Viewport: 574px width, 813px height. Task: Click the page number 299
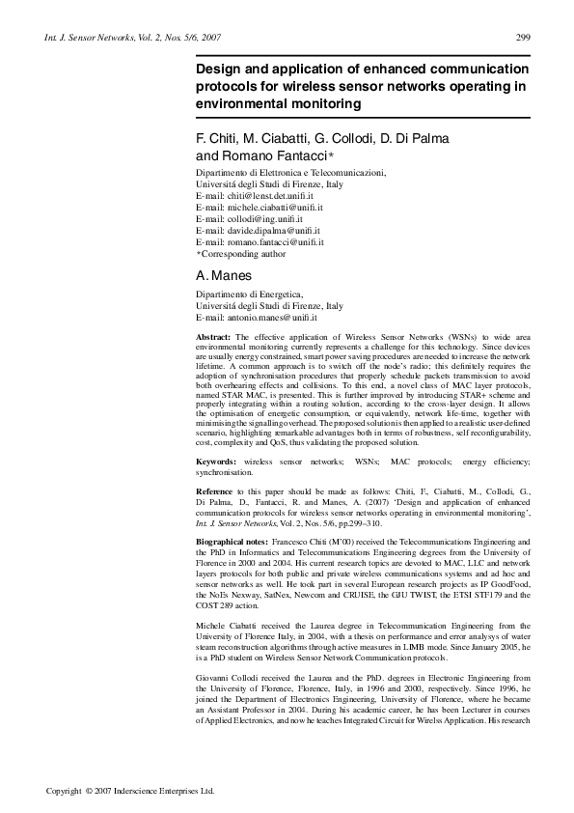pos(523,37)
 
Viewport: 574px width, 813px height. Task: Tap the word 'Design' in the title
pos(220,70)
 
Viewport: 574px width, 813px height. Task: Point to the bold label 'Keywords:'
pos(217,463)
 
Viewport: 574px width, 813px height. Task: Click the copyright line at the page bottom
pos(130,790)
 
